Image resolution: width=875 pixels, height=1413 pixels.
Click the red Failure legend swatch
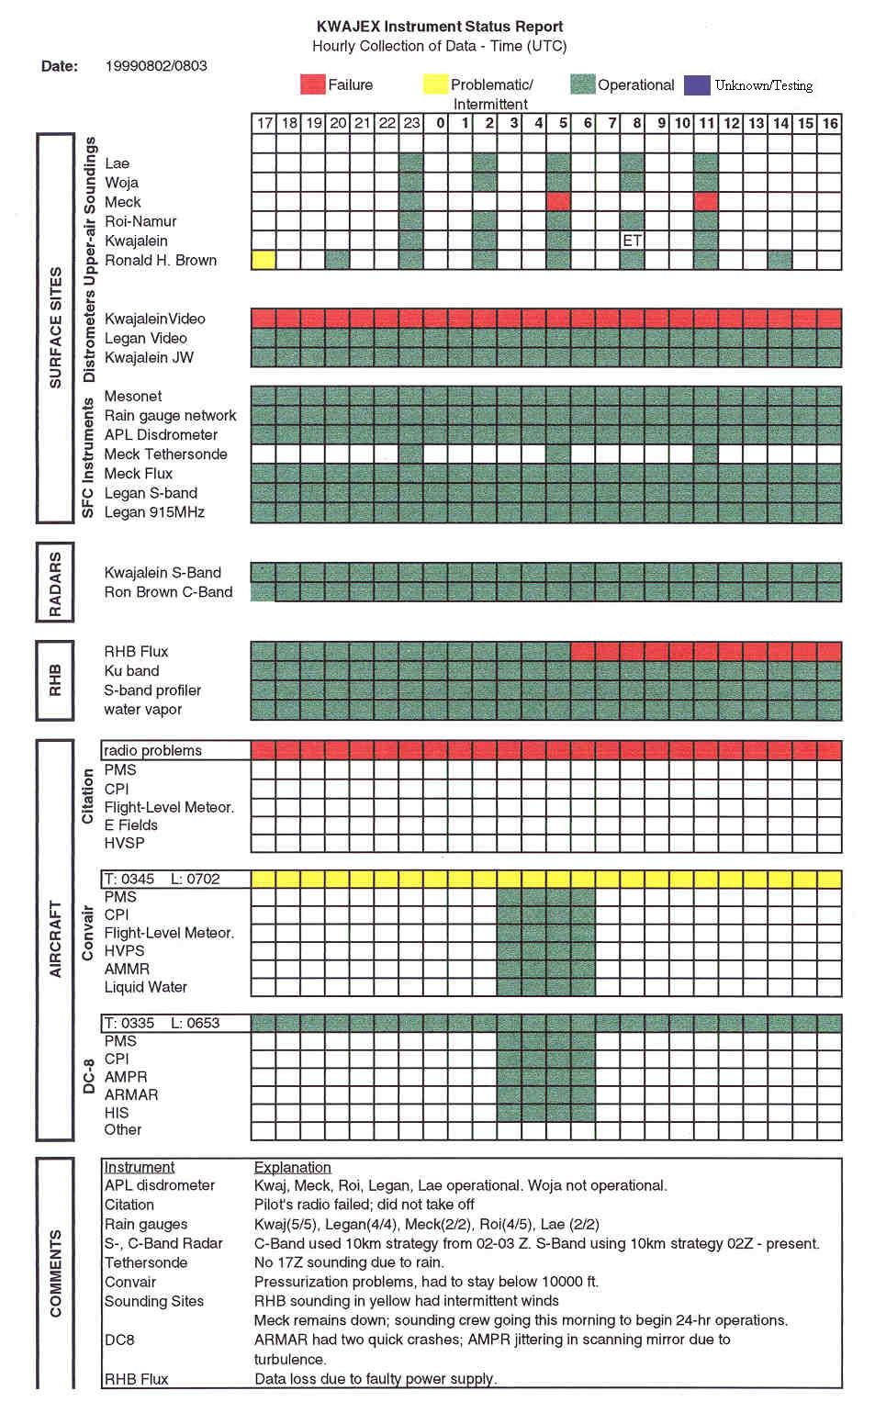tap(312, 84)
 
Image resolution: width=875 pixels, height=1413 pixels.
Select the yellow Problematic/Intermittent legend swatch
tap(435, 84)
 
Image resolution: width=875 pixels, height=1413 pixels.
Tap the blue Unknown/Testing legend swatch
tap(698, 84)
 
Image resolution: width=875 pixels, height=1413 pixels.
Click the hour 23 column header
tap(411, 123)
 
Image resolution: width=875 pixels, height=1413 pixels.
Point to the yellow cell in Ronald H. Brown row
tap(264, 260)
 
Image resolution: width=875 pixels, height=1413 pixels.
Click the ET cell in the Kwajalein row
tap(632, 241)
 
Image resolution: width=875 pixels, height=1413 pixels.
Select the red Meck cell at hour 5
tap(558, 202)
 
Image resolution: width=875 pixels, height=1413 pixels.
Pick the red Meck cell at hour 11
tap(706, 202)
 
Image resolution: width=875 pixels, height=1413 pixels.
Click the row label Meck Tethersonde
tap(165, 454)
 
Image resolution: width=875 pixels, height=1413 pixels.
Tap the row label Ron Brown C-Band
tap(168, 592)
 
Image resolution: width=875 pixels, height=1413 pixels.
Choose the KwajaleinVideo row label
tap(154, 319)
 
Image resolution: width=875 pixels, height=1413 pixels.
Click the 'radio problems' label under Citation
tap(152, 750)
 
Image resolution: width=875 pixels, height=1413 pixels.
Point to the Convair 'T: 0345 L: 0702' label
tap(162, 879)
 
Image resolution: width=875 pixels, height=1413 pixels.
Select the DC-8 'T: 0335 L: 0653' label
tap(162, 1023)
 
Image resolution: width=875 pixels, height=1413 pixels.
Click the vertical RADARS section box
tap(55, 583)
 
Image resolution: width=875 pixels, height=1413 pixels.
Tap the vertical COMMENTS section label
tap(55, 1273)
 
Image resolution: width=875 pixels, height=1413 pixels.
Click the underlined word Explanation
tap(292, 1167)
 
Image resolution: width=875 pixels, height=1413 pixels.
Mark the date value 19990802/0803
tap(156, 66)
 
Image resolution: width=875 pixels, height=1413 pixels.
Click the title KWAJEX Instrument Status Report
tap(439, 27)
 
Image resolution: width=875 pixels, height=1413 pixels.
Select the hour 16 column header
tap(830, 123)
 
